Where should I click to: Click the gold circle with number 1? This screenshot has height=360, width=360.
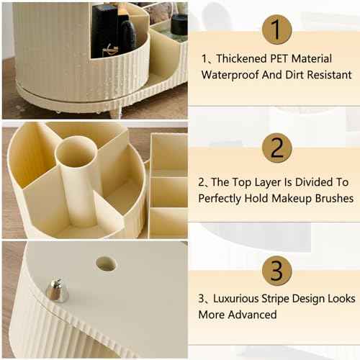276,30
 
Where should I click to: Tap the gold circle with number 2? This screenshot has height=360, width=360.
276,148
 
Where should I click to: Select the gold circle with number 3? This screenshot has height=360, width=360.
276,270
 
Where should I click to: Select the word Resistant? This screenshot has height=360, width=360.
328,75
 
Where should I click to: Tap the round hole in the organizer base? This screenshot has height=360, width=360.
107,264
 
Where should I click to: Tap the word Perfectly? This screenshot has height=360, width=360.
222,198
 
